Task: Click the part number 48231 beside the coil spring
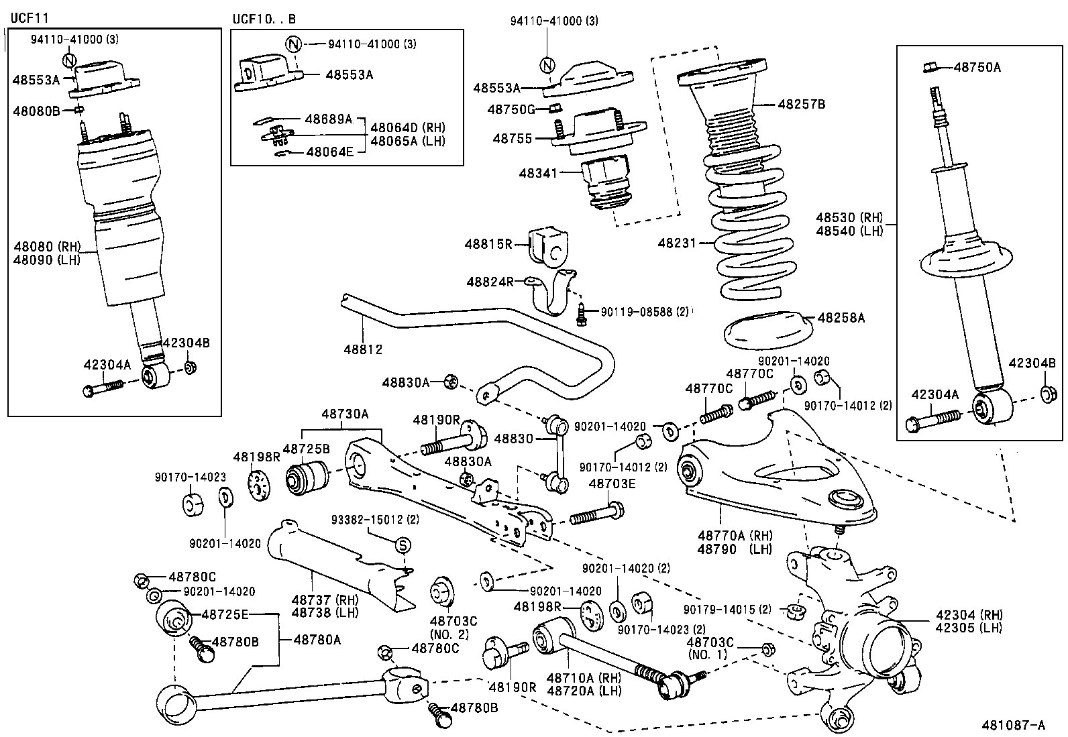coord(676,243)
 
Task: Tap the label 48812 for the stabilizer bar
coord(363,349)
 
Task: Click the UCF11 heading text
coord(29,16)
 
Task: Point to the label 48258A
coord(841,317)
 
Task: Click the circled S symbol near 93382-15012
coord(403,545)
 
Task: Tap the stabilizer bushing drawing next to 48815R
coord(547,247)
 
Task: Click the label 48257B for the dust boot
coord(801,104)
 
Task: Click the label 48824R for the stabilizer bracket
coord(490,282)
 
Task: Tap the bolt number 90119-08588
coord(636,312)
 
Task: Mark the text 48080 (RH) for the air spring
coord(46,245)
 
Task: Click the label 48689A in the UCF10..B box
coord(328,119)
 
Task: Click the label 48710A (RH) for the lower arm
coord(582,678)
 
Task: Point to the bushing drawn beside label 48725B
coord(307,477)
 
